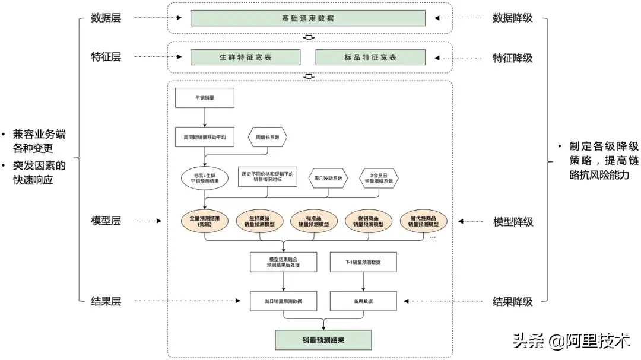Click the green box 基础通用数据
308,18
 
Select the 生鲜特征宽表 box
245,57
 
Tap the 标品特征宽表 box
370,57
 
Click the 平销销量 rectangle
205,98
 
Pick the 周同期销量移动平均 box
205,138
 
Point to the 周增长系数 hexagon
267,138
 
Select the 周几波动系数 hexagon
328,178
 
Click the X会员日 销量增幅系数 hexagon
379,178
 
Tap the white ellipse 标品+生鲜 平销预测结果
205,178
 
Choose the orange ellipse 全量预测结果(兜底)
205,221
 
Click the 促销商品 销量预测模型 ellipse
369,221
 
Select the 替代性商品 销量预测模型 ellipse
424,221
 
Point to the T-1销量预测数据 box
363,262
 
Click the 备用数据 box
363,301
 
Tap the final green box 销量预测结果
323,340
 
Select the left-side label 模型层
106,221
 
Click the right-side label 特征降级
513,58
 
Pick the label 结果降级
513,302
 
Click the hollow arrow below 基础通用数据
309,37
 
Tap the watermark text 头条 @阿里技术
571,340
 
